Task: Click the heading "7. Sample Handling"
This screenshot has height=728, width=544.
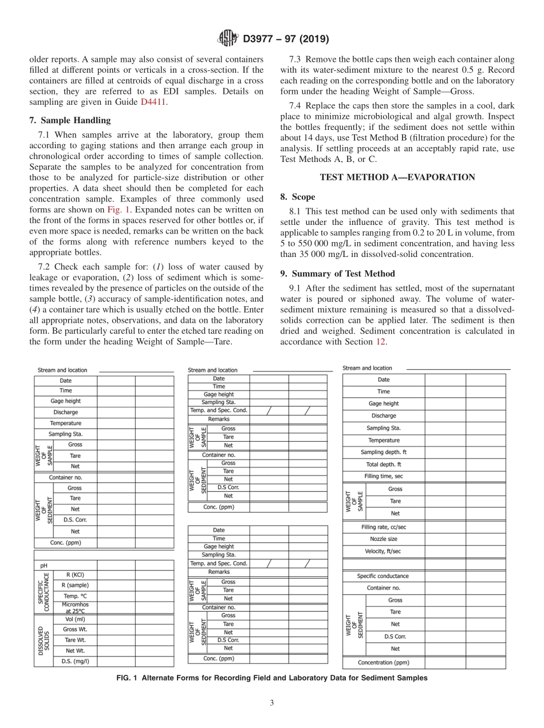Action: pyautogui.click(x=70, y=120)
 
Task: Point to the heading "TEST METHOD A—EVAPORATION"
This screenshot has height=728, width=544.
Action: pyautogui.click(x=397, y=177)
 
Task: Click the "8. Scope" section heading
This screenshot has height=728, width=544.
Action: pyautogui.click(x=297, y=197)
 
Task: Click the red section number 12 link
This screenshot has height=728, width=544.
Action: pyautogui.click(x=380, y=342)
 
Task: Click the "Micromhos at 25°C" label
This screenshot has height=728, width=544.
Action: pyautogui.click(x=76, y=608)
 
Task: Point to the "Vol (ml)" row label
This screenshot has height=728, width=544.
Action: pyautogui.click(x=76, y=619)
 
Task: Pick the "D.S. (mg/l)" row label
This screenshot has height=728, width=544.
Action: pyautogui.click(x=76, y=661)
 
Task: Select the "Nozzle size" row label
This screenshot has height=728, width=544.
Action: pyautogui.click(x=384, y=539)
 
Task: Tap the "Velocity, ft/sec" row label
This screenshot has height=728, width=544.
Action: pyautogui.click(x=384, y=551)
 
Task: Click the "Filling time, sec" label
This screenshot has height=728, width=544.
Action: pyautogui.click(x=384, y=477)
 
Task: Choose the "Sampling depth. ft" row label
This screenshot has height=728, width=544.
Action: pyautogui.click(x=384, y=452)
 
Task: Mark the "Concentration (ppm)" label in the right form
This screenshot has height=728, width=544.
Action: pyautogui.click(x=384, y=663)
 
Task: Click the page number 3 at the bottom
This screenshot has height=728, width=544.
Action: pyautogui.click(x=272, y=703)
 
